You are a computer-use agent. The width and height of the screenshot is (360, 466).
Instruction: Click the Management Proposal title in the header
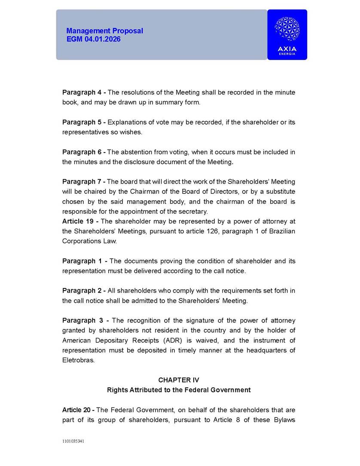coord(104,31)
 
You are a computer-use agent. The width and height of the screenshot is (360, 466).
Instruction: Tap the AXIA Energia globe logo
coord(287,29)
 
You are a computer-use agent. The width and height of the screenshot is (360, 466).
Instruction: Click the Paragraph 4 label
coord(84,92)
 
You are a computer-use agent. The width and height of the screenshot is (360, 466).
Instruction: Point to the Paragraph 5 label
coord(84,122)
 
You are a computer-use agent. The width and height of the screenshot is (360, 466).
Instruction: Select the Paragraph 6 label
coord(84,152)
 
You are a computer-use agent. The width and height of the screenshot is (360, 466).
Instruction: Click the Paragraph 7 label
coord(84,182)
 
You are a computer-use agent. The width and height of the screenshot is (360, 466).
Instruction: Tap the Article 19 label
coord(79,221)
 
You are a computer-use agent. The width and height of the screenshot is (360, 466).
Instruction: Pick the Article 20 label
coord(79,410)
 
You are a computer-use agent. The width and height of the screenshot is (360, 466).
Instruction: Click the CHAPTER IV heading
coord(179,380)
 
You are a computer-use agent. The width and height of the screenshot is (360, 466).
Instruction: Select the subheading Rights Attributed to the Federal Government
coord(179,390)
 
